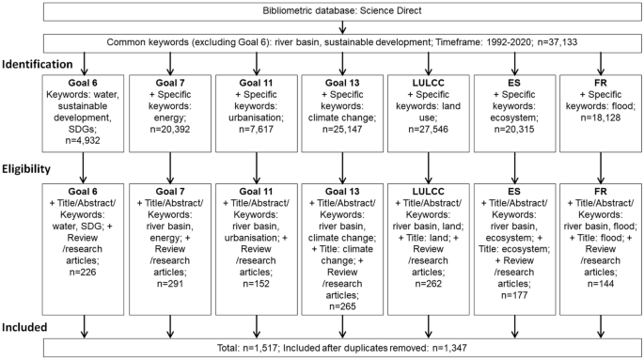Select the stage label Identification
coord(42,66)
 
